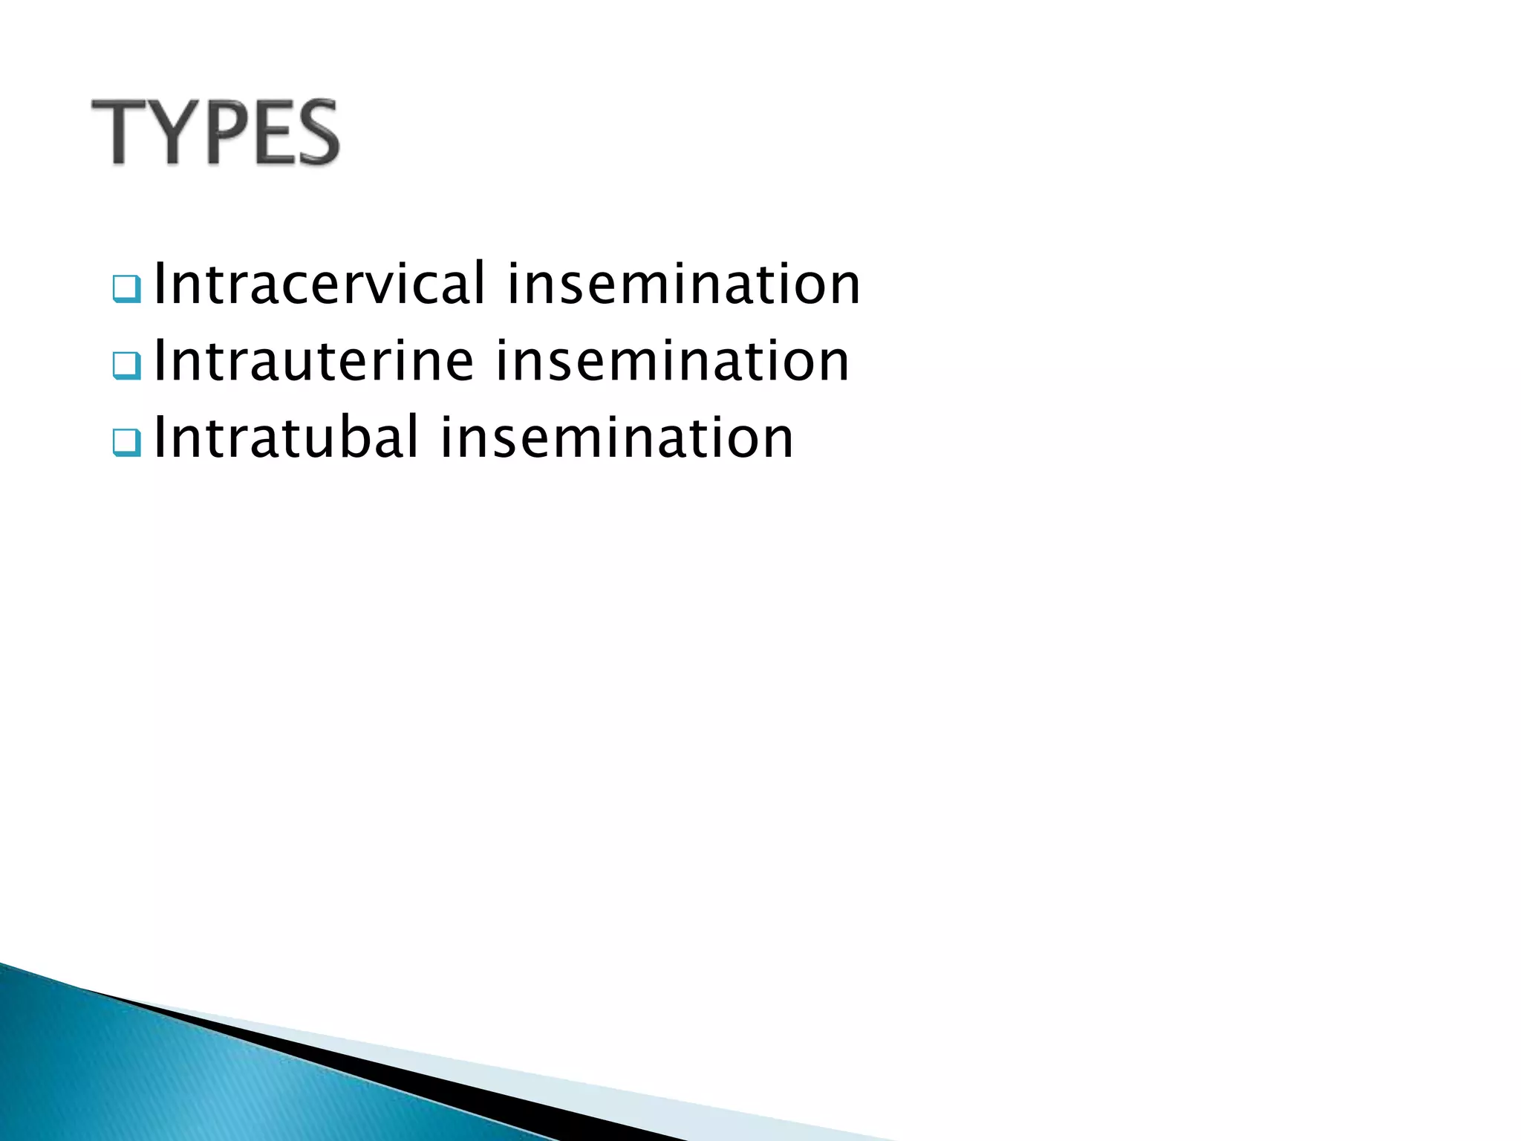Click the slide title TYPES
(215, 132)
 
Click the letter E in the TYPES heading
(270, 132)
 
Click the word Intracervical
(319, 284)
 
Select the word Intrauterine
(313, 361)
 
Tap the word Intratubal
(287, 438)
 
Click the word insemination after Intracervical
(683, 284)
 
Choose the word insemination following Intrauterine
(672, 361)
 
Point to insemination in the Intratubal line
(616, 438)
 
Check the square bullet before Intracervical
(126, 289)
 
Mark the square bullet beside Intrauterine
(126, 365)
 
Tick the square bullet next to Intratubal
(126, 443)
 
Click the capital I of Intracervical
(159, 284)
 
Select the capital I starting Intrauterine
(159, 361)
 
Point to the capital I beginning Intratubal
(159, 438)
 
